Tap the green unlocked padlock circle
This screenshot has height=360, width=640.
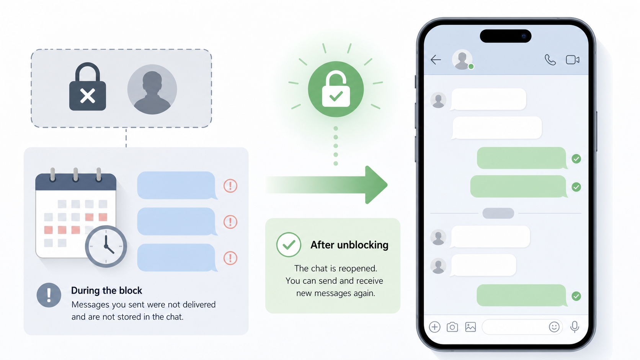tap(336, 89)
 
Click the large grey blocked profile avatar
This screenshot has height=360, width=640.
tap(152, 90)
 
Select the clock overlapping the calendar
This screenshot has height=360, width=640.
tap(106, 246)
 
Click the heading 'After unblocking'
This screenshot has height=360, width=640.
tap(349, 245)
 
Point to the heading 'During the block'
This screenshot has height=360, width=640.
tap(106, 290)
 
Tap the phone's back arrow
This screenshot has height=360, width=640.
tap(436, 60)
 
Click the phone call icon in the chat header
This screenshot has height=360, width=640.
tap(550, 60)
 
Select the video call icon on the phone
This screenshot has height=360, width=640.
tap(573, 60)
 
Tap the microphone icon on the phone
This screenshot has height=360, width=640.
tap(575, 327)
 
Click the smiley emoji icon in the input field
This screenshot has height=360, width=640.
tap(554, 327)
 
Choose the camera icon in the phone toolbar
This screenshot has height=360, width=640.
tap(452, 327)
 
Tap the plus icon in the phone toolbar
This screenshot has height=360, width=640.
tap(434, 327)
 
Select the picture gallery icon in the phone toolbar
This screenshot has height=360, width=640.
tap(470, 327)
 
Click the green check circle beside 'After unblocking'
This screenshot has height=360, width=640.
tap(289, 245)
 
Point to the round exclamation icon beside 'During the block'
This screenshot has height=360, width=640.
tap(49, 295)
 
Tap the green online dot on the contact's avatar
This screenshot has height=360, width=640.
tap(471, 67)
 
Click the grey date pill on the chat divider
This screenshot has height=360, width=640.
tap(498, 213)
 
